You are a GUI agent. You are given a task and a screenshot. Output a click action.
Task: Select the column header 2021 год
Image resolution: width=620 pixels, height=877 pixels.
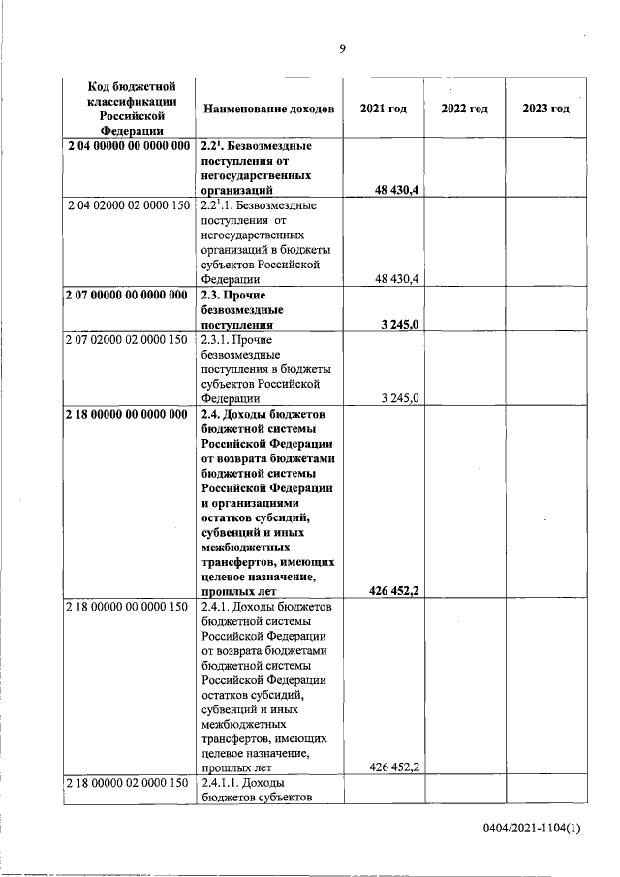pyautogui.click(x=383, y=109)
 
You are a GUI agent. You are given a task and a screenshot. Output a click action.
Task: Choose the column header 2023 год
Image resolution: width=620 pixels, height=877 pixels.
pyautogui.click(x=545, y=109)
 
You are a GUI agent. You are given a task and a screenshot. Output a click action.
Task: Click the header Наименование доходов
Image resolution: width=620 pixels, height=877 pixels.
pyautogui.click(x=268, y=109)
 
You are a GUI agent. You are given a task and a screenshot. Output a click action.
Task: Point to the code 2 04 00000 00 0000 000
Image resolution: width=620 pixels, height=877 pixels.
pyautogui.click(x=128, y=145)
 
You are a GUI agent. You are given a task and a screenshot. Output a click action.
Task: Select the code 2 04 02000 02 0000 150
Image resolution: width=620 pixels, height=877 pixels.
pyautogui.click(x=129, y=206)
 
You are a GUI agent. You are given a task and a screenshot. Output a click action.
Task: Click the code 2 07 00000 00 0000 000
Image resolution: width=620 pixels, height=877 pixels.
pyautogui.click(x=128, y=296)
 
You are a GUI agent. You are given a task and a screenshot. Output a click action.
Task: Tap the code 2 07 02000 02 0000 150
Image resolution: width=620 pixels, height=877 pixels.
pyautogui.click(x=129, y=340)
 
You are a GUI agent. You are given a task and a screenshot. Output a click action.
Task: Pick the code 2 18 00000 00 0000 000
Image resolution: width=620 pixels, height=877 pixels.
pyautogui.click(x=128, y=415)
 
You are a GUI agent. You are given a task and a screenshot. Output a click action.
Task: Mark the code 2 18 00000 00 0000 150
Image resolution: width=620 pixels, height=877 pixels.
pyautogui.click(x=129, y=607)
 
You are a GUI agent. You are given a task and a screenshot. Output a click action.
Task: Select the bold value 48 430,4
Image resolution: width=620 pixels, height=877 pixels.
pyautogui.click(x=396, y=192)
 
